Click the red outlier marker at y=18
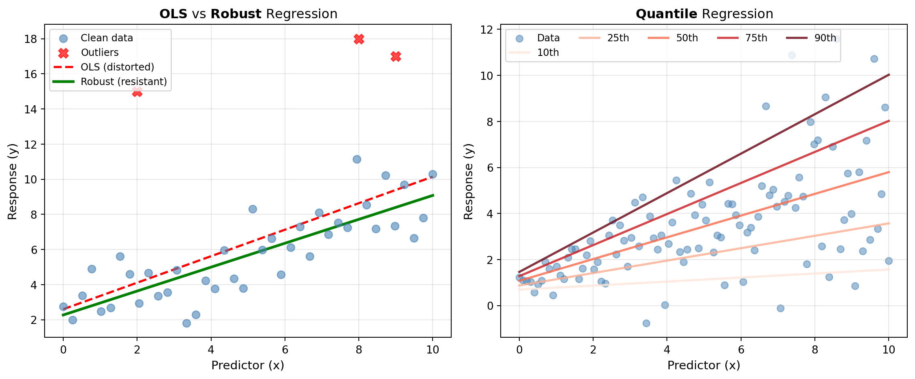(x=359, y=39)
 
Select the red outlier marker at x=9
(x=396, y=57)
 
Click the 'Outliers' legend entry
(x=99, y=53)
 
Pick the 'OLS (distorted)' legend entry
(x=117, y=67)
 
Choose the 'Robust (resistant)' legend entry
(x=124, y=82)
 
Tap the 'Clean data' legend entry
(x=107, y=38)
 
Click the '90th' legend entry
(x=825, y=38)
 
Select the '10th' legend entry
(x=548, y=53)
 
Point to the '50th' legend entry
(x=687, y=38)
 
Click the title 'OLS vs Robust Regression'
(x=248, y=14)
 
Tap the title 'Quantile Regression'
(x=704, y=14)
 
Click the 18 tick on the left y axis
(x=31, y=39)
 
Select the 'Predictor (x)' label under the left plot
(x=248, y=365)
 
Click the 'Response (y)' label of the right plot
(x=469, y=181)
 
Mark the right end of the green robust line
(x=433, y=195)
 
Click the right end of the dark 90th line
(x=889, y=75)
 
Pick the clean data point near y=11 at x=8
(x=357, y=159)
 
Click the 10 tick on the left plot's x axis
(x=433, y=349)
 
